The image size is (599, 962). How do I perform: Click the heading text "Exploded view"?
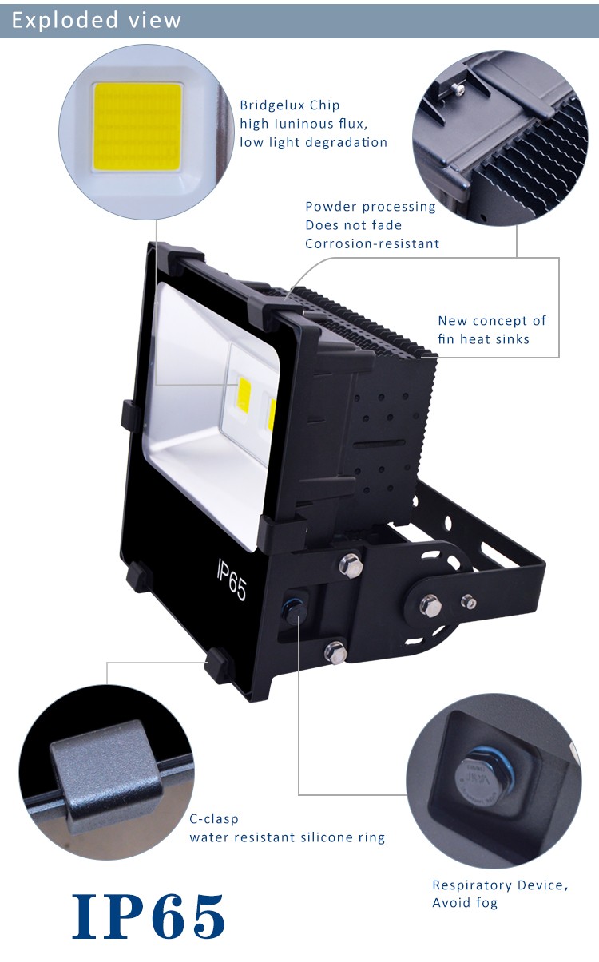coord(97,20)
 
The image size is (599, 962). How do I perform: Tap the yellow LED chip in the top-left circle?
coord(137,127)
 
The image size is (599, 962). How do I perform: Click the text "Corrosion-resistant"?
coord(372,243)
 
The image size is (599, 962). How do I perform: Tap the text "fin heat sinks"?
coord(483,339)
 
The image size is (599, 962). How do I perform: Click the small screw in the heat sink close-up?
coord(459,89)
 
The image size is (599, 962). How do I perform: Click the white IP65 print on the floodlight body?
coord(232,580)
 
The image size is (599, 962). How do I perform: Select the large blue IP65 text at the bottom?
coord(148,916)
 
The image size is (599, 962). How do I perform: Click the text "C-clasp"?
coord(214,818)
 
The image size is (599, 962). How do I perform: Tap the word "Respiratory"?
coord(472,885)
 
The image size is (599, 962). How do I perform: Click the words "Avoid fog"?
coord(465,902)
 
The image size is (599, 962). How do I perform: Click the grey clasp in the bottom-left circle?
coord(106,778)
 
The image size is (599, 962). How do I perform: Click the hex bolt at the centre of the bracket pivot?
coord(430,606)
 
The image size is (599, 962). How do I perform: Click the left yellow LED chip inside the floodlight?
coord(244,395)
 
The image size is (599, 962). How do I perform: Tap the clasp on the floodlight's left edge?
coord(129,416)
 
